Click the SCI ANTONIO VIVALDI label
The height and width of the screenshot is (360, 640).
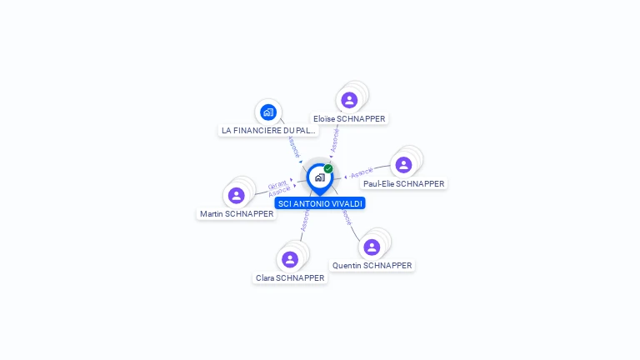pyautogui.click(x=320, y=203)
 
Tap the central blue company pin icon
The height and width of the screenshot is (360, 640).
pyautogui.click(x=319, y=177)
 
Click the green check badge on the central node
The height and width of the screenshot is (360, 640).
pyautogui.click(x=328, y=168)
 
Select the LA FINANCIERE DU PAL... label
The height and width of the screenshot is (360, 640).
pyautogui.click(x=268, y=131)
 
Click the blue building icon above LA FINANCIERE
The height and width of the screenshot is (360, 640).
pyautogui.click(x=267, y=112)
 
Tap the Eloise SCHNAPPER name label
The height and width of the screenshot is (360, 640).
pyautogui.click(x=349, y=119)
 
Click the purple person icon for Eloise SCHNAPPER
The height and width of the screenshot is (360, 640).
pyautogui.click(x=349, y=100)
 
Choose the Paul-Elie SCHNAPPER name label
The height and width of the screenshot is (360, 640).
pyautogui.click(x=404, y=184)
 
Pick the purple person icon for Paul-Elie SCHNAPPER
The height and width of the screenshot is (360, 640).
pyautogui.click(x=403, y=165)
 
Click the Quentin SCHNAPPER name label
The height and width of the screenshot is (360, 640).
pyautogui.click(x=372, y=266)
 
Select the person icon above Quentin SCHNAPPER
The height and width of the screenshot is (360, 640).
pyautogui.click(x=372, y=247)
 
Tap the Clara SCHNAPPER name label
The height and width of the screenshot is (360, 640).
pyautogui.click(x=290, y=278)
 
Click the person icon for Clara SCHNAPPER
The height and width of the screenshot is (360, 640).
pyautogui.click(x=290, y=259)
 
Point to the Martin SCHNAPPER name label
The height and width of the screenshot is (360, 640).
pyautogui.click(x=237, y=214)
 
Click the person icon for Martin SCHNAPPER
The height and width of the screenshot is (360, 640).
pyautogui.click(x=237, y=195)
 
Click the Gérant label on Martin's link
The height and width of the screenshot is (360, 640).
pyautogui.click(x=277, y=184)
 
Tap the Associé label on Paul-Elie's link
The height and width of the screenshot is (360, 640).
pyautogui.click(x=362, y=173)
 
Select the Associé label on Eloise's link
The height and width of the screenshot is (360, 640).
pyautogui.click(x=334, y=139)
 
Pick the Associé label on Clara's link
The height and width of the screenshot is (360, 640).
pyautogui.click(x=304, y=221)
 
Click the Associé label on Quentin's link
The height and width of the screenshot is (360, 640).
pyautogui.click(x=346, y=218)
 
